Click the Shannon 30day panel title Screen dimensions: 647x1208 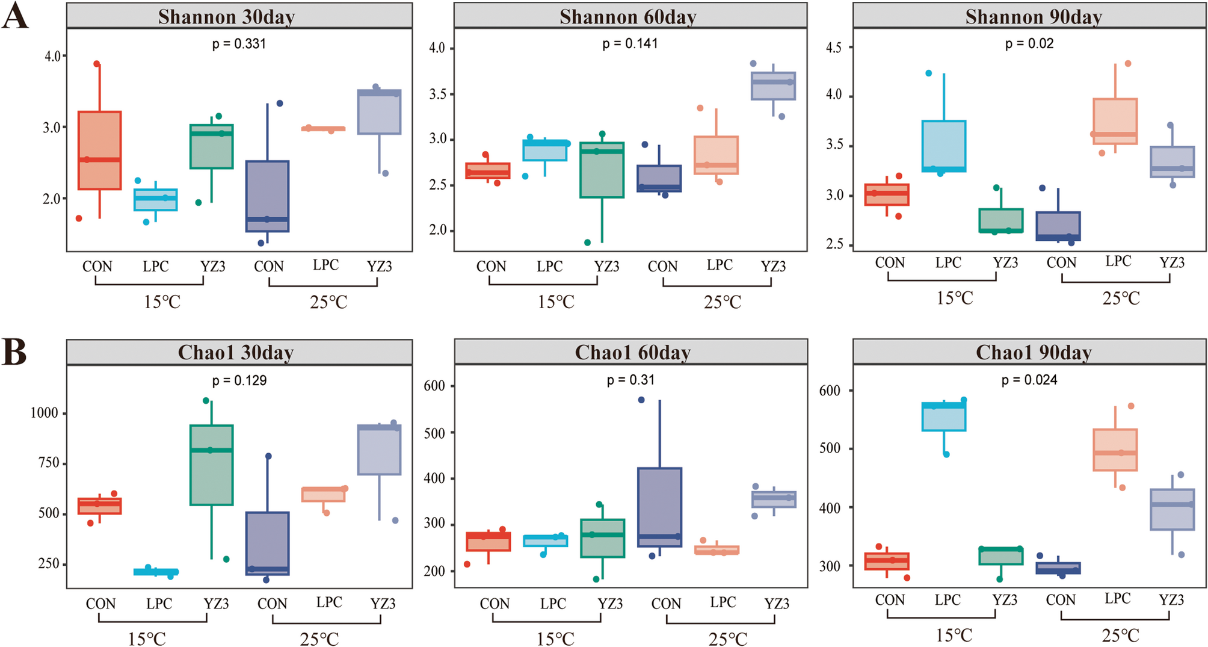pyautogui.click(x=226, y=17)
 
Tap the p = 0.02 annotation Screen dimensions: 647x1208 pyautogui.click(x=1029, y=43)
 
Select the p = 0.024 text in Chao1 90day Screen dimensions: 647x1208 pyautogui.click(x=1029, y=380)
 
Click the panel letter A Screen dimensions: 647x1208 pyautogui.click(x=15, y=16)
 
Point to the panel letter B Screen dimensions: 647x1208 pyautogui.click(x=14, y=352)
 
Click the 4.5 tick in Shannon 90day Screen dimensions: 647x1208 pyautogui.click(x=833, y=48)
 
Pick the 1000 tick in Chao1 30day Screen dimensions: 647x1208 pyautogui.click(x=45, y=413)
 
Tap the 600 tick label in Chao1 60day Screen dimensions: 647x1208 pyautogui.click(x=434, y=386)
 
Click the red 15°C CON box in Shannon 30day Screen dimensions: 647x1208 pyautogui.click(x=100, y=150)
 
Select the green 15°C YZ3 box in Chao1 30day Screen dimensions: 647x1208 pyautogui.click(x=211, y=465)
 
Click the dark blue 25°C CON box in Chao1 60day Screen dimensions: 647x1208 pyautogui.click(x=659, y=507)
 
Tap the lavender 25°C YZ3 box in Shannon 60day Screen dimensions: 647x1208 pyautogui.click(x=773, y=86)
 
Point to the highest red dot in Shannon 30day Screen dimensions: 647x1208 pyautogui.click(x=97, y=64)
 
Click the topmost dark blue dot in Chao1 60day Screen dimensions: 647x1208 pyautogui.click(x=641, y=400)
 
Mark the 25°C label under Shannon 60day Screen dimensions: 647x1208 pyautogui.click(x=723, y=302)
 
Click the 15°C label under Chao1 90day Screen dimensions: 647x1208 pyautogui.click(x=954, y=635)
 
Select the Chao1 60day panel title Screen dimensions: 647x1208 pyautogui.click(x=632, y=353)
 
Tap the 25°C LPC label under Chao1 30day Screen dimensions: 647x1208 pyautogui.click(x=329, y=602)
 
